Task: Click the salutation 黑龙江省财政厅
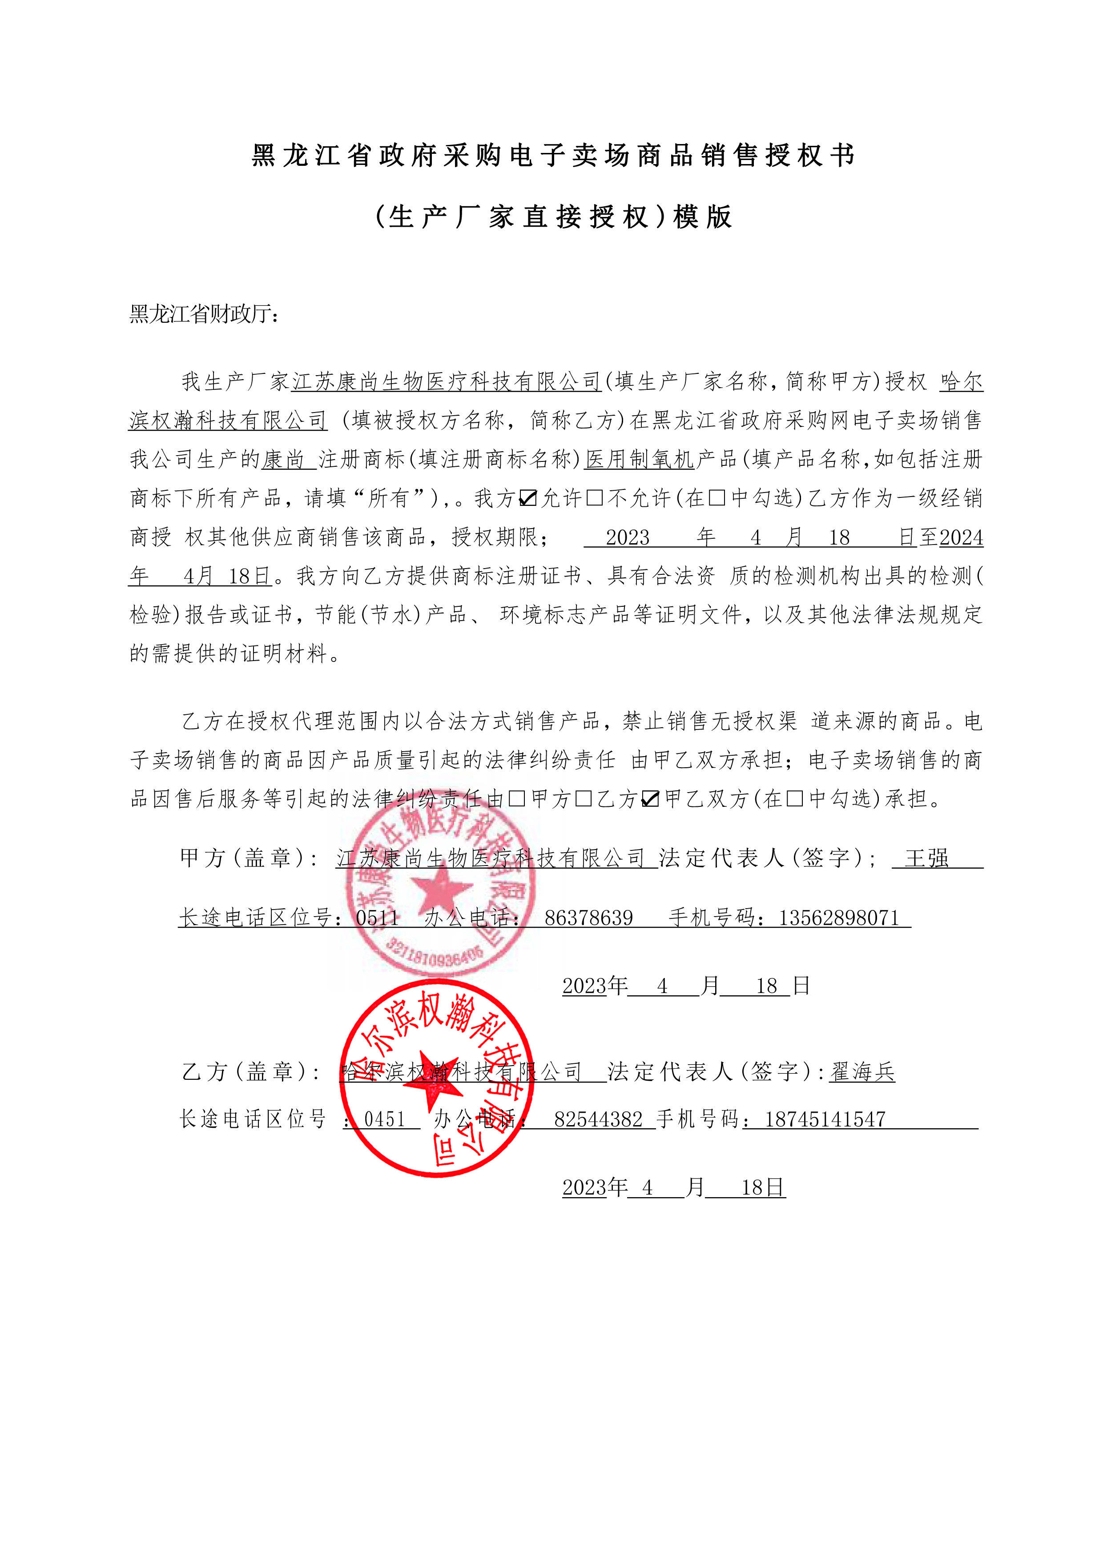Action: point(204,314)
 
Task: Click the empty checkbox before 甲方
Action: point(517,799)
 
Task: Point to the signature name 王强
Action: point(926,858)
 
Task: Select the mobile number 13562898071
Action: point(839,918)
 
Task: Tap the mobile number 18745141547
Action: point(825,1119)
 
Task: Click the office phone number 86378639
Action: point(589,918)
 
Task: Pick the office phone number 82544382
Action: point(598,1119)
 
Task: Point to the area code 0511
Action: point(377,918)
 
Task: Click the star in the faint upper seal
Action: point(442,890)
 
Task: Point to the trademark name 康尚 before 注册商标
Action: point(284,460)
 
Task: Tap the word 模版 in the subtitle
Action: point(703,217)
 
